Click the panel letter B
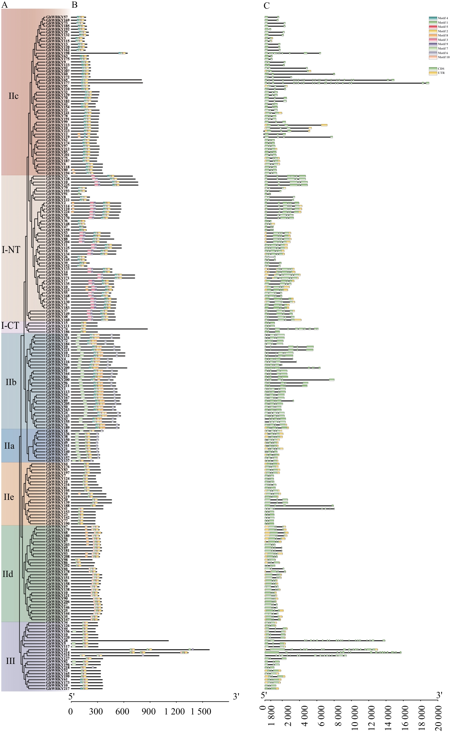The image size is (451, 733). tap(74, 5)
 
